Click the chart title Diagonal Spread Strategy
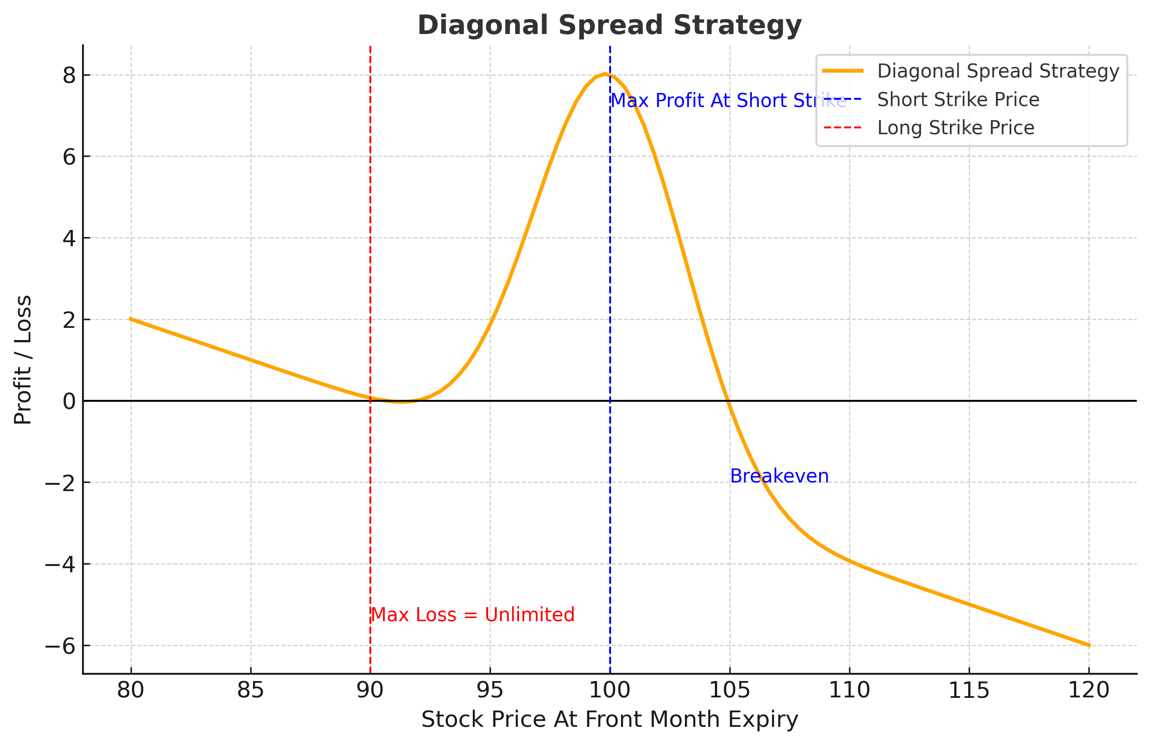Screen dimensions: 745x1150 tap(609, 25)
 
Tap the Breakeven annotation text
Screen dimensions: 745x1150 tap(779, 476)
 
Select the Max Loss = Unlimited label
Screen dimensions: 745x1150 tap(473, 615)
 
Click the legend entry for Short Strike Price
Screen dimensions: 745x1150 tap(958, 100)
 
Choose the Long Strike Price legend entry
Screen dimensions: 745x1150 tap(955, 127)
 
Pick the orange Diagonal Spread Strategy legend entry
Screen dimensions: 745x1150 tap(998, 71)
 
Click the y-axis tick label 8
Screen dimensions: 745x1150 tap(69, 75)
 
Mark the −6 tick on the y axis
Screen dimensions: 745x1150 tap(60, 646)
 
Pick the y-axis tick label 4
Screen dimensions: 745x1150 tap(69, 239)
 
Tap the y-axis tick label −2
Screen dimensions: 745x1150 tap(60, 483)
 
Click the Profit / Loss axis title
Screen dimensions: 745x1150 tap(23, 360)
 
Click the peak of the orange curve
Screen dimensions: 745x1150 tap(605, 74)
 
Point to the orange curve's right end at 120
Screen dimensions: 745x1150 tap(1089, 645)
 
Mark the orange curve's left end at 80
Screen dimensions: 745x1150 tap(131, 319)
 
